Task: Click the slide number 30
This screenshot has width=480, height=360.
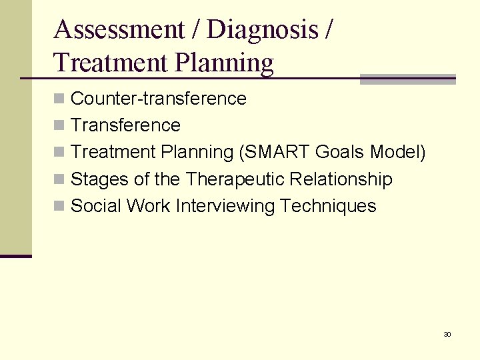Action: click(447, 334)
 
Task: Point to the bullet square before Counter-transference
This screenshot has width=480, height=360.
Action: click(59, 99)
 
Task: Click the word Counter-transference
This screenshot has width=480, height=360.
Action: click(158, 99)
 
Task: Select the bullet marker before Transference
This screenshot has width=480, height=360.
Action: click(59, 125)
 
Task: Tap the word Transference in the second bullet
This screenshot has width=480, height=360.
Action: click(125, 125)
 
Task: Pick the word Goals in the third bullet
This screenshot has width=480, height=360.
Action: click(339, 152)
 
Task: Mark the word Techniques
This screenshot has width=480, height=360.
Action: click(328, 206)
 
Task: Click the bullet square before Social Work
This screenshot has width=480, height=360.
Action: click(59, 206)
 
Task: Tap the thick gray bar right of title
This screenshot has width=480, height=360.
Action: click(407, 79)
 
